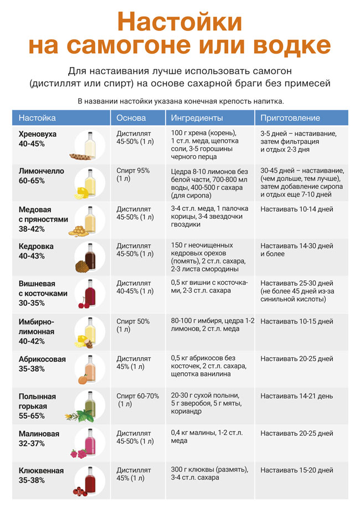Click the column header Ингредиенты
point(197,118)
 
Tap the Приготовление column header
point(290,118)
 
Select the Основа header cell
point(131,118)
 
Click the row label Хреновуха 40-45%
point(37,138)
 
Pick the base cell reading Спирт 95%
point(133,174)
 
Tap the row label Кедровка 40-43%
point(36,251)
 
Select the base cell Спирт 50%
point(133,325)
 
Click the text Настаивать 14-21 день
point(296,396)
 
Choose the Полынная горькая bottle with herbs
point(86,407)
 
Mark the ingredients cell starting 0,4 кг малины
point(207,436)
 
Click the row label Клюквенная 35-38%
point(41,475)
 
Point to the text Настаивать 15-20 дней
point(297,470)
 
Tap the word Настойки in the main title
point(179,22)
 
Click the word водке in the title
point(292,45)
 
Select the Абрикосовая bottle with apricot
point(89,369)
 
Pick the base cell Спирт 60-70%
point(137,400)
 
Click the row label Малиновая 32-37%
point(39,439)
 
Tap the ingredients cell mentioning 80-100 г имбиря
point(213,325)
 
